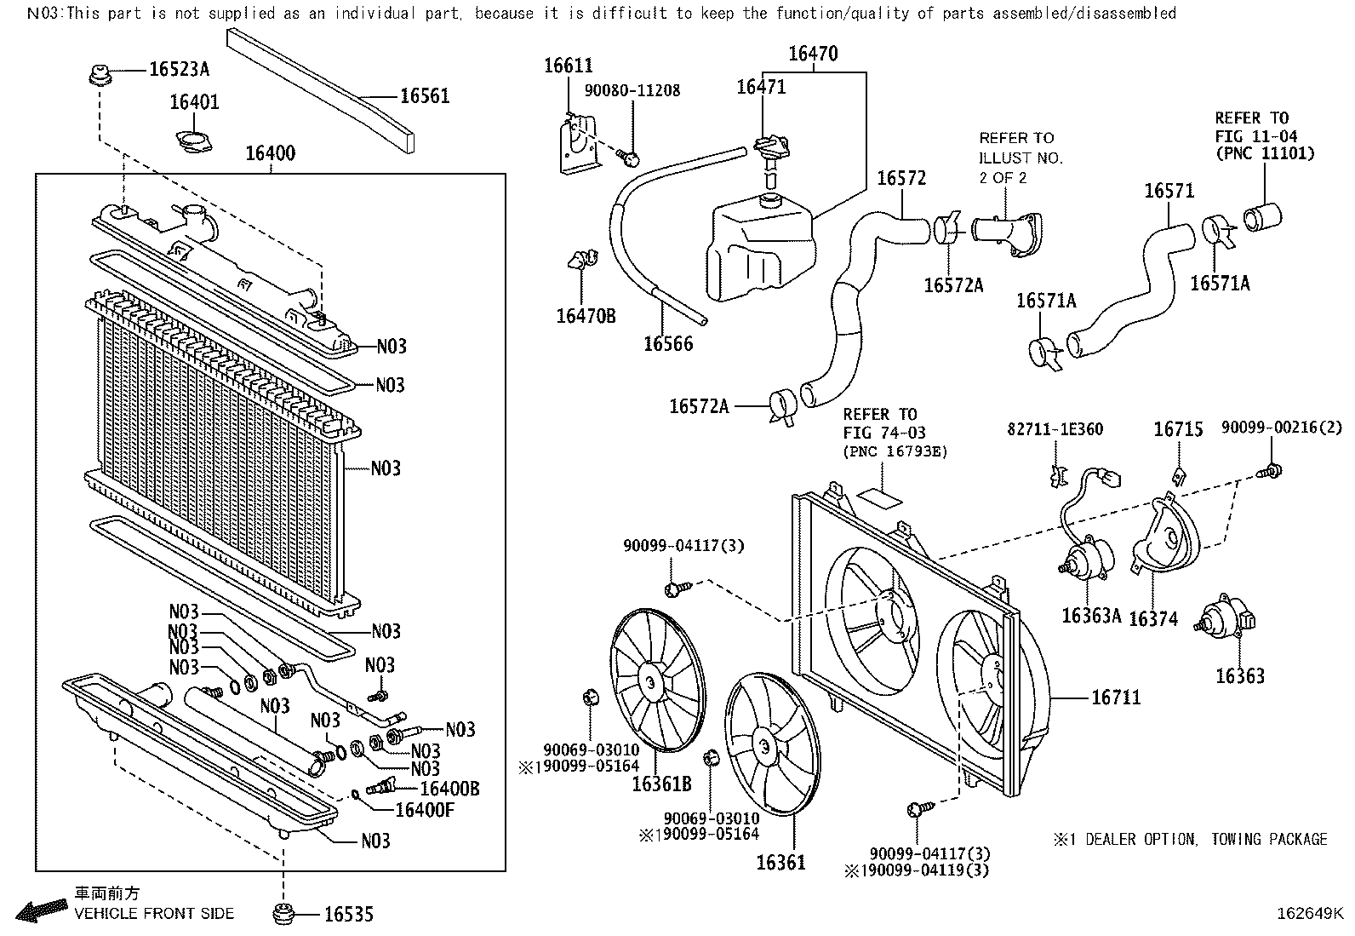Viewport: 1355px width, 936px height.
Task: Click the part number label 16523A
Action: click(179, 69)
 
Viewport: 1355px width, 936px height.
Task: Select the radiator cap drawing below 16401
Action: click(194, 141)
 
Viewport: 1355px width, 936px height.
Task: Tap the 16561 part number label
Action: click(424, 96)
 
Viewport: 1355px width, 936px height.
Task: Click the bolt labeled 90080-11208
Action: click(631, 157)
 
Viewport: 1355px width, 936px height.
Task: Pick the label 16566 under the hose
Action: click(668, 344)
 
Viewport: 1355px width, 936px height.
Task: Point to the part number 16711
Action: click(1116, 698)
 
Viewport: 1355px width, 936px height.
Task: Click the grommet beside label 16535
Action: click(283, 915)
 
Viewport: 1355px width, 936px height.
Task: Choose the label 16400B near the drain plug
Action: click(449, 790)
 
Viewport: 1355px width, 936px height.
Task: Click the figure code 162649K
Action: click(1309, 914)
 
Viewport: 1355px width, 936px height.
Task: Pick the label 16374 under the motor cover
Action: click(1152, 618)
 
